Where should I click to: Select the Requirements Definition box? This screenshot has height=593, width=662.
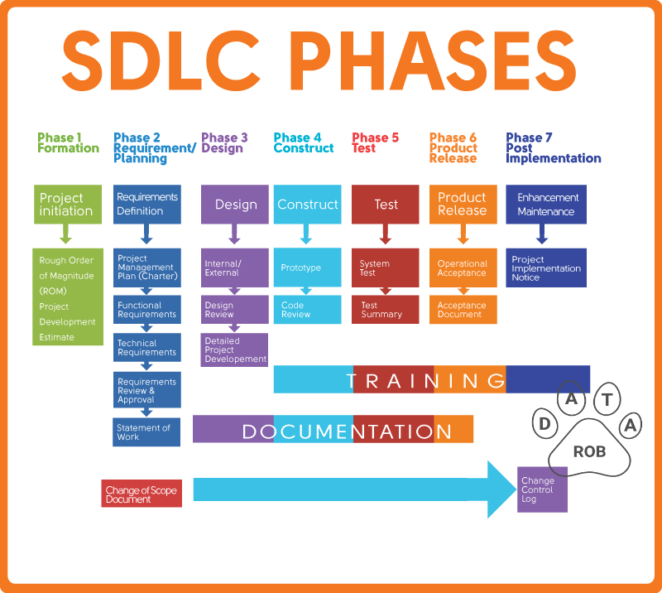146,204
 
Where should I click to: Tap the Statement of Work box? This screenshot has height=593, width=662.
146,431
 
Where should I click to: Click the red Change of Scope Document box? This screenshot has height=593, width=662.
142,494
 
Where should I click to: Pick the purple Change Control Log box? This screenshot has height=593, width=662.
542,489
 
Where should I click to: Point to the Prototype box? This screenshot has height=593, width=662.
307,268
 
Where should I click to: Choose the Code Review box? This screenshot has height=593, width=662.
307,309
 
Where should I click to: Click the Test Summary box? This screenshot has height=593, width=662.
385,309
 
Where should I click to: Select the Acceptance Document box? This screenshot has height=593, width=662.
463,309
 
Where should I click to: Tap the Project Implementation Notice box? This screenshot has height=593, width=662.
546,268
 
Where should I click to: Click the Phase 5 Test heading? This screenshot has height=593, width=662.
375,143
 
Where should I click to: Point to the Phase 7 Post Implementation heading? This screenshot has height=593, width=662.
553,148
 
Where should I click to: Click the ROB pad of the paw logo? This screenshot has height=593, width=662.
589,451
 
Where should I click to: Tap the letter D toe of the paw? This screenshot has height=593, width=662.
545,424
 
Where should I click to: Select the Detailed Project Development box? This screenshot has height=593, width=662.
234,350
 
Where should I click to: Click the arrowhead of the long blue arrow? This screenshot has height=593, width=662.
501,489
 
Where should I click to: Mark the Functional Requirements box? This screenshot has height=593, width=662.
146,310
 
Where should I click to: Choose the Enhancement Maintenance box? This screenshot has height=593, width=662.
546,204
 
